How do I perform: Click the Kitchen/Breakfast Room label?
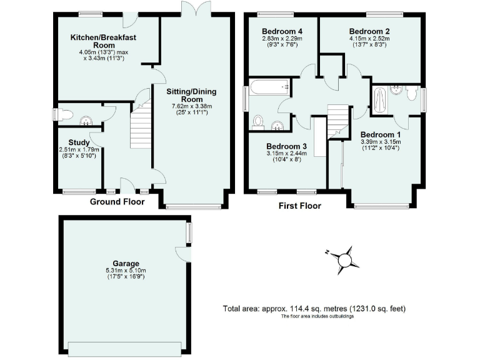click(x=103, y=41)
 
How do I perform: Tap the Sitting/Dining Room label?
click(x=191, y=95)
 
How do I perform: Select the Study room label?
click(x=79, y=142)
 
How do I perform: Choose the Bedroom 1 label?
click(x=381, y=134)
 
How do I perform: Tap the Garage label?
click(x=126, y=263)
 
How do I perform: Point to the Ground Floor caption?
click(x=117, y=202)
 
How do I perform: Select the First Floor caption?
click(x=300, y=206)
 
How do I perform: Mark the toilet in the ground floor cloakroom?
click(x=64, y=114)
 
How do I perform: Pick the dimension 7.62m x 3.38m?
click(x=191, y=106)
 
